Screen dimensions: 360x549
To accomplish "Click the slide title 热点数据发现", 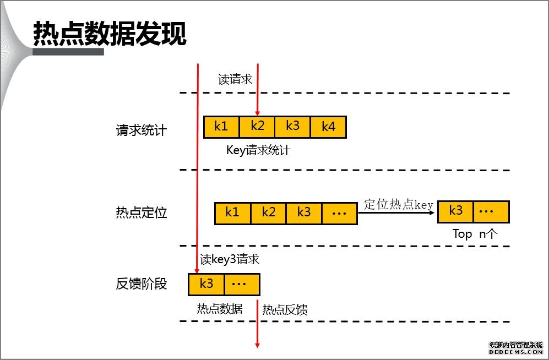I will (x=110, y=34).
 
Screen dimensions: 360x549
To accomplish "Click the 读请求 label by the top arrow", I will (x=235, y=79).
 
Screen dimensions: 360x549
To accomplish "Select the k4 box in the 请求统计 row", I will (x=328, y=127).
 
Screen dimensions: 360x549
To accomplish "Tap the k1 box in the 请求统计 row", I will (x=221, y=127).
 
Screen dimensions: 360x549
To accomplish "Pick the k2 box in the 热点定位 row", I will (x=269, y=212).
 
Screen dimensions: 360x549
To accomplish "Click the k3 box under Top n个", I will (x=456, y=211).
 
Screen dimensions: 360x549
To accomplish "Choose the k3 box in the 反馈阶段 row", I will (x=206, y=284).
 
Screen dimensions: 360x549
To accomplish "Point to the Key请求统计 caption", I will (x=258, y=150).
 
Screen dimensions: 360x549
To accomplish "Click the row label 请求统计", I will (x=141, y=130).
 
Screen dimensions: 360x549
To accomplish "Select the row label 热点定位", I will (x=141, y=213).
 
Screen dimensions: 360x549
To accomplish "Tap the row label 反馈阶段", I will (x=141, y=284).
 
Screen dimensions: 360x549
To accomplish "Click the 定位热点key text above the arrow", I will (x=399, y=205).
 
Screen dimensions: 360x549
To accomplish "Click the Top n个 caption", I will (x=475, y=234).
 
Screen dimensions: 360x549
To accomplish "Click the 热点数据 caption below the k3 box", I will (x=220, y=309).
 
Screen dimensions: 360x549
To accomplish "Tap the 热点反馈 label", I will (x=285, y=310).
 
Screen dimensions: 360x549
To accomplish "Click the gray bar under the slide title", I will (x=68, y=52).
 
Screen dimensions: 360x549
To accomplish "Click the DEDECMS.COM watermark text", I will (x=516, y=352).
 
